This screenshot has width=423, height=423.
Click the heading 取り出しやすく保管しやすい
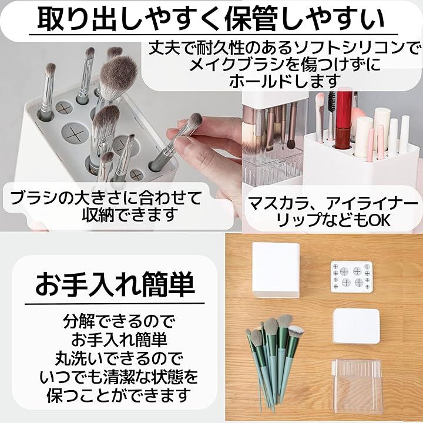(211, 19)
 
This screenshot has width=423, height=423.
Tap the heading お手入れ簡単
(115, 284)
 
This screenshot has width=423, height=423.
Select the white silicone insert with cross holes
(351, 277)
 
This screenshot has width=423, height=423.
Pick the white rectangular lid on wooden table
(356, 326)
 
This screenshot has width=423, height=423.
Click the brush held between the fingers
(176, 142)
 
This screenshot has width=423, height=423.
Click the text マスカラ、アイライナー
(333, 204)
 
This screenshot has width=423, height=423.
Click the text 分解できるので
(119, 321)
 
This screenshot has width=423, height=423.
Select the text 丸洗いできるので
(119, 358)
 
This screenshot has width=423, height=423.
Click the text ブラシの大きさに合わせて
(106, 197)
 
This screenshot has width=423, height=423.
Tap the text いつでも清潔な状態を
(119, 377)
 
